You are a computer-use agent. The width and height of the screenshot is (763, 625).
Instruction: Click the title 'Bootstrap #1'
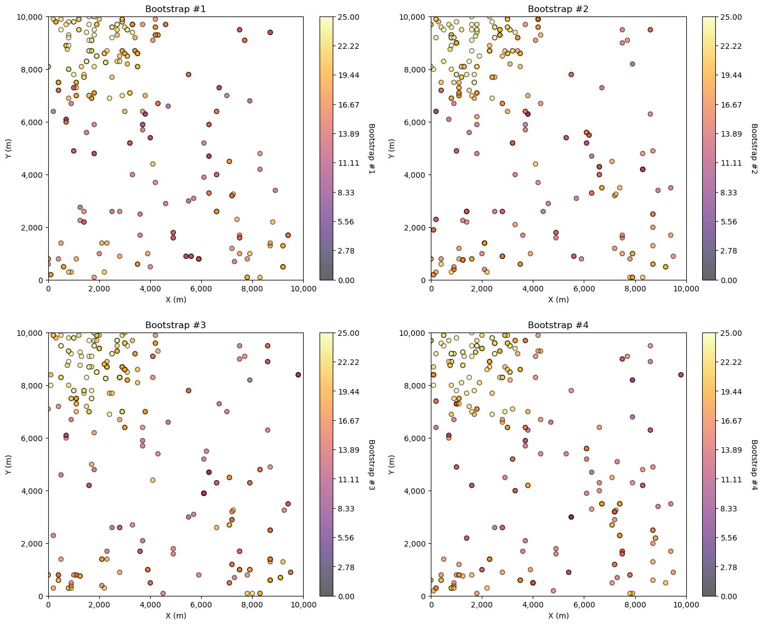(175, 9)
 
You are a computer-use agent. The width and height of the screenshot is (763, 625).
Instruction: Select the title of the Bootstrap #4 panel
(558, 325)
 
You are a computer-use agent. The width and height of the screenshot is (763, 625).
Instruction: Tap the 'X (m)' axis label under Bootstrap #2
(558, 300)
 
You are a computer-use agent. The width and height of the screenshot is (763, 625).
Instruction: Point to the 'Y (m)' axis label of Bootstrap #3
(8, 464)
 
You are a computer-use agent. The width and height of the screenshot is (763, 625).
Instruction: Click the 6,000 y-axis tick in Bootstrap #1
(33, 122)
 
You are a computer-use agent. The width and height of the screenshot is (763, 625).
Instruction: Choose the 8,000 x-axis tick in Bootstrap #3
(252, 605)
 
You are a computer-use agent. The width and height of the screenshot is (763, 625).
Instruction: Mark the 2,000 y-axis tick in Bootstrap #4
(416, 544)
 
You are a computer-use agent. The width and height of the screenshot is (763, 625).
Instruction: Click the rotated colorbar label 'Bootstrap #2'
(754, 148)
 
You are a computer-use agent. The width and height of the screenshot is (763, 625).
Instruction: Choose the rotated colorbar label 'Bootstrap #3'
(372, 464)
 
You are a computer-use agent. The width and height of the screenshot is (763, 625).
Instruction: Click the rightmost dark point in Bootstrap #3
(298, 375)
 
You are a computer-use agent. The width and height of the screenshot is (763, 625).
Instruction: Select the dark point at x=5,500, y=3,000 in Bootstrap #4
(571, 517)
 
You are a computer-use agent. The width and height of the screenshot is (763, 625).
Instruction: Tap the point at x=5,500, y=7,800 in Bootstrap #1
(189, 75)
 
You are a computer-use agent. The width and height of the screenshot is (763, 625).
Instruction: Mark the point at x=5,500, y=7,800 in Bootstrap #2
(571, 75)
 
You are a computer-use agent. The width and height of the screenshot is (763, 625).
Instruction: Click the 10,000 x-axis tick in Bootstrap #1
(303, 289)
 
